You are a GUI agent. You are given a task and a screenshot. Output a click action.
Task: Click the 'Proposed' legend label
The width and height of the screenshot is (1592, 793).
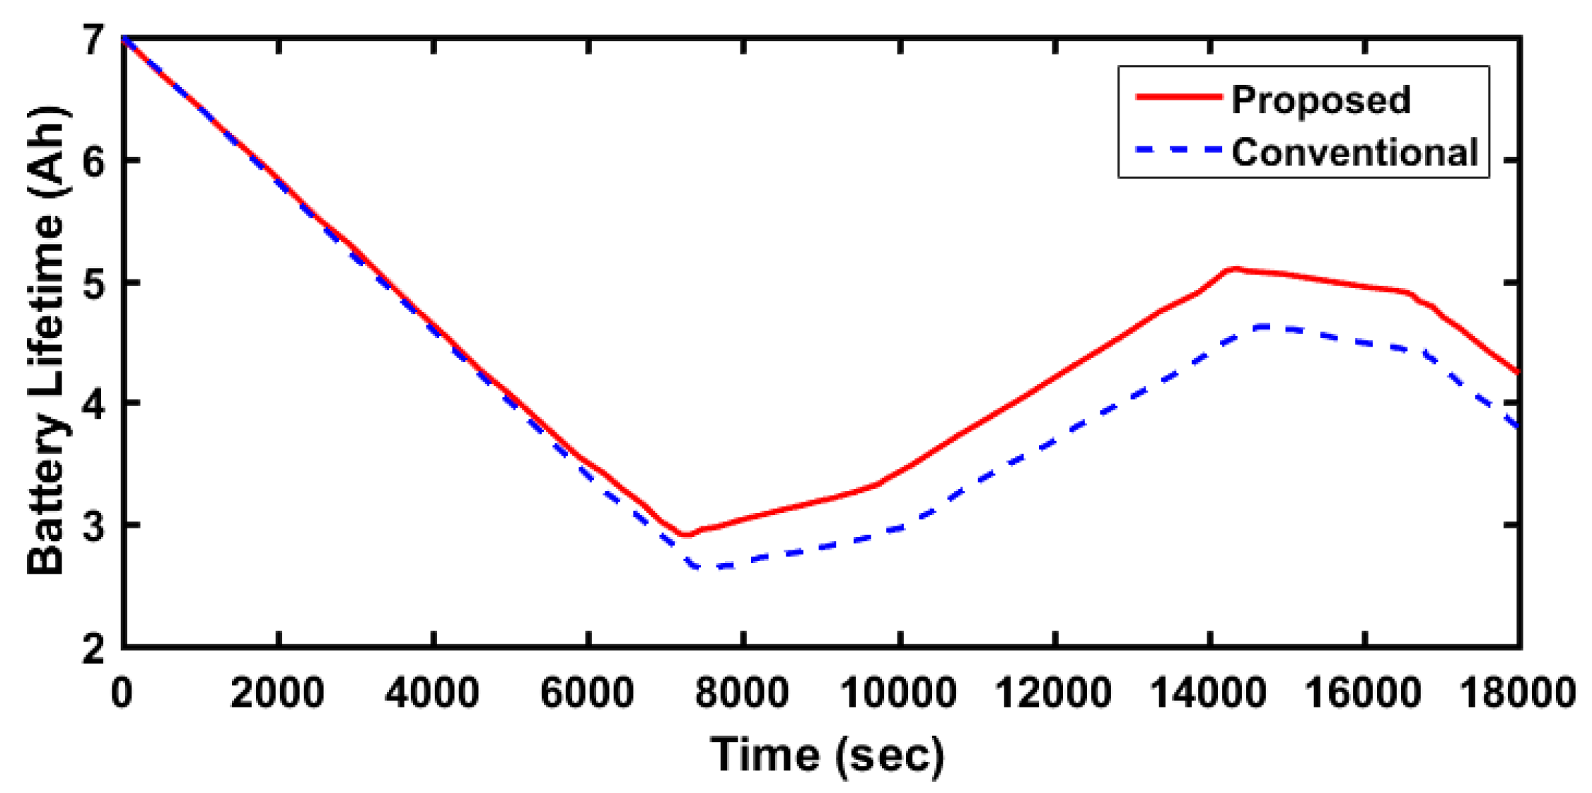1320,100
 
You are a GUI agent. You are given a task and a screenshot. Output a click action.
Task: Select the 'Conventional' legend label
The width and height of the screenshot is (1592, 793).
1354,152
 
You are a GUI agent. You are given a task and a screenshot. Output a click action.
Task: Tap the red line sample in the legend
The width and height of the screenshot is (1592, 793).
1178,97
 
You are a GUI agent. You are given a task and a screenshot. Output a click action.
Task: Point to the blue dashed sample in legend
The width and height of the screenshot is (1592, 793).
1178,149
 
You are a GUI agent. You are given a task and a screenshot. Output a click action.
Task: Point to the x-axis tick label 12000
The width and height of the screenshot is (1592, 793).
1053,693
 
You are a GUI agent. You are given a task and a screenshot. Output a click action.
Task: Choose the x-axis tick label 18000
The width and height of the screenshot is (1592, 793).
1518,693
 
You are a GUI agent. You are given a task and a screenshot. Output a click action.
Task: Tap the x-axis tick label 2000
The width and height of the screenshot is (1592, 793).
277,693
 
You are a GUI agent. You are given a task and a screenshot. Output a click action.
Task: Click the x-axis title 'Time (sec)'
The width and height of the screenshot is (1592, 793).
827,754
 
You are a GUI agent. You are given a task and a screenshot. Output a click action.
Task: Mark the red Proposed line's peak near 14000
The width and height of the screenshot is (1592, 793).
1233,269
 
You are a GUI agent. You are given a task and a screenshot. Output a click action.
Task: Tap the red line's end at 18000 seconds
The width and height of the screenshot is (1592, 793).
1518,372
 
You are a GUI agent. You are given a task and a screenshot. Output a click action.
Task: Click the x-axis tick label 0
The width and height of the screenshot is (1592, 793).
122,693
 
